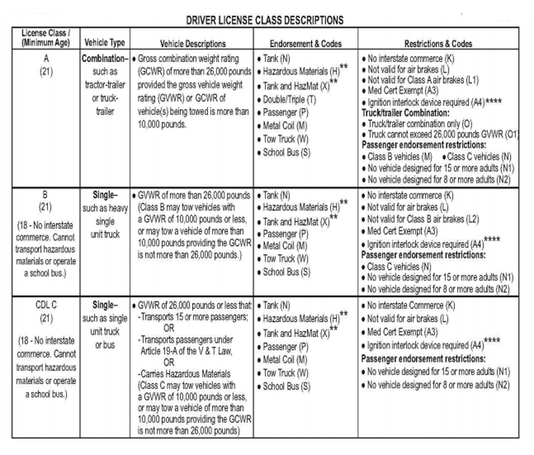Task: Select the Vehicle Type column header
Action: coord(102,43)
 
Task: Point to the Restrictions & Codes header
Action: coord(441,43)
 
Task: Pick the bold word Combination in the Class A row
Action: coord(103,55)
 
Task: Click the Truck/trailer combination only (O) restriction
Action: coord(425,122)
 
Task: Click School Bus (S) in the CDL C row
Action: coord(286,385)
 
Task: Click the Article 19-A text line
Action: coord(188,350)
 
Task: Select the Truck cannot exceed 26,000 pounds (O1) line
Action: coord(443,133)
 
